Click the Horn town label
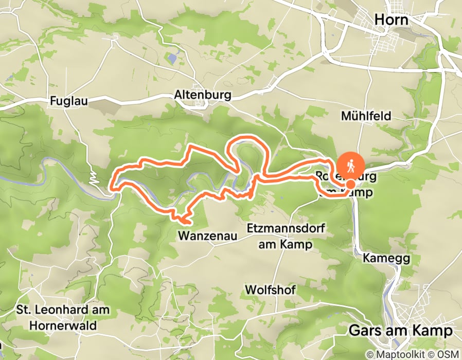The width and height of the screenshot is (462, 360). click(x=392, y=20)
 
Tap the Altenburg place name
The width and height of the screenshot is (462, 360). click(x=203, y=95)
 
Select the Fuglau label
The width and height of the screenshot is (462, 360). click(x=69, y=101)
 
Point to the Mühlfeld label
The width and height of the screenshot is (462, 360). click(x=366, y=116)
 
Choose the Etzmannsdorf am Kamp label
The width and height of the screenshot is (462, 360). click(x=285, y=236)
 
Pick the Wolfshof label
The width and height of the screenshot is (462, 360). click(x=271, y=290)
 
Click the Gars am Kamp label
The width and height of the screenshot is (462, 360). click(x=400, y=330)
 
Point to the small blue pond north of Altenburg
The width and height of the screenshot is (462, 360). click(x=171, y=59)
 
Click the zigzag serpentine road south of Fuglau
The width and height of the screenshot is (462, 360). click(x=93, y=178)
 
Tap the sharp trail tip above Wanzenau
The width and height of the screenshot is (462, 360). click(x=182, y=222)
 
